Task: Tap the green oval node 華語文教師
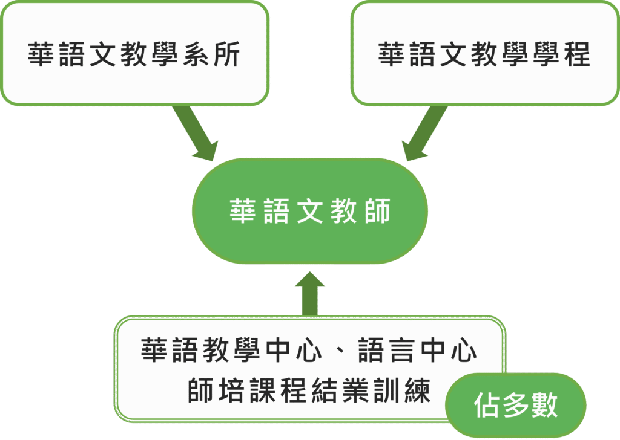310,211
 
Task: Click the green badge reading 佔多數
515,405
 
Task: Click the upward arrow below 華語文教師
309,293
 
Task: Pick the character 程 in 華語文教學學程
576,54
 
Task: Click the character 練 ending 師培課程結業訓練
417,390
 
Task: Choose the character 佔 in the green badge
486,405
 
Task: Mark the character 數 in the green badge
544,405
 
